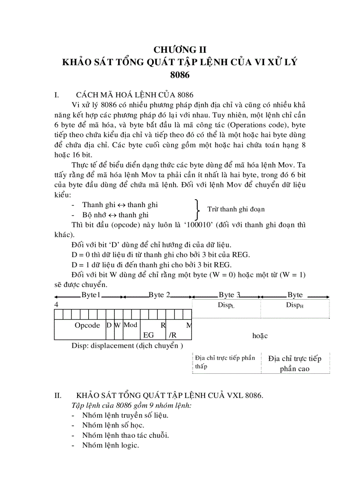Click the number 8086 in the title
coord(180,75)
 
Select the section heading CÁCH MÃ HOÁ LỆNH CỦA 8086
coord(135,95)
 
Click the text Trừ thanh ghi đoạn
coord(236,209)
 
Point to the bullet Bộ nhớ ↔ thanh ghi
coord(115,215)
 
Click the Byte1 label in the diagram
coord(91,295)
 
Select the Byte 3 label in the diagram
coord(229,295)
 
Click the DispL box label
coord(226,305)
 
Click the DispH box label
coord(295,305)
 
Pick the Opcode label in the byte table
coord(87,325)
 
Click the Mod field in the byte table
coord(130,325)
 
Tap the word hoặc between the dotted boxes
coord(260,335)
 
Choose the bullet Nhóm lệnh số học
coord(113,425)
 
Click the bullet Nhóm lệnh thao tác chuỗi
coord(125,435)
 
